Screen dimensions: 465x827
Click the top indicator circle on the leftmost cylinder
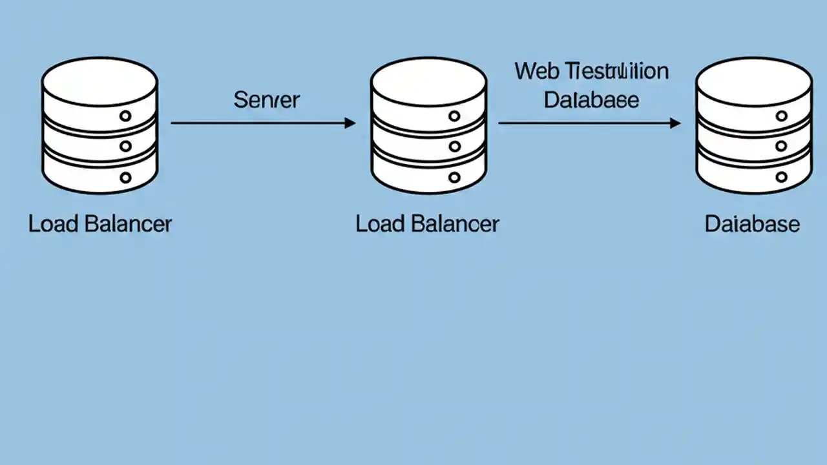(x=125, y=116)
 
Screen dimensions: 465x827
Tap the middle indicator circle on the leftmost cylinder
(x=125, y=147)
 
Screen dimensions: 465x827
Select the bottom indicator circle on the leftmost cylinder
(x=125, y=177)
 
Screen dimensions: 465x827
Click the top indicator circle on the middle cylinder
(x=454, y=116)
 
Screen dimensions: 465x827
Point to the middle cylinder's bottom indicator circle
(x=454, y=177)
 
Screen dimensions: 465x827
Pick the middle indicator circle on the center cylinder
(x=454, y=147)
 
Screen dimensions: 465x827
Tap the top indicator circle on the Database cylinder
(x=782, y=116)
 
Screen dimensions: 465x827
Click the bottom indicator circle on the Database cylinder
(x=782, y=177)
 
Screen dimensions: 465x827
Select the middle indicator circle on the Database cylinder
(x=782, y=147)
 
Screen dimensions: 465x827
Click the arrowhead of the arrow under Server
(x=350, y=123)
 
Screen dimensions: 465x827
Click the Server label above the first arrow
(x=266, y=100)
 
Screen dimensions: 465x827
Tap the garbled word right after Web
(x=616, y=71)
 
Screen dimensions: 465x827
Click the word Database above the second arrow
(x=591, y=100)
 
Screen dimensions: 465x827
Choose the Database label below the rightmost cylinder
(x=752, y=224)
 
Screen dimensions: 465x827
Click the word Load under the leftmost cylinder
(x=54, y=224)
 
